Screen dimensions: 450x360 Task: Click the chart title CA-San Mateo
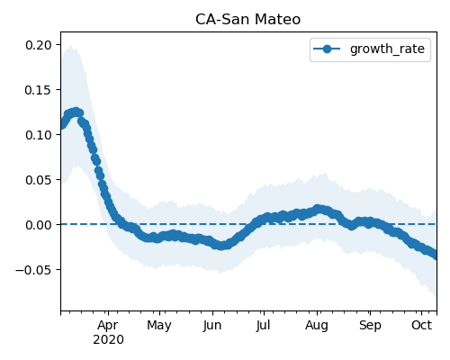[x=247, y=20]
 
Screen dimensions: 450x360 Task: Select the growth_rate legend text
[x=387, y=49]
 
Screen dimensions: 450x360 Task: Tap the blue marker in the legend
[x=327, y=49]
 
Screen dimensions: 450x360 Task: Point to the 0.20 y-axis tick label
[x=39, y=45]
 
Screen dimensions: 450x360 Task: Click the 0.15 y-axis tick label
[x=39, y=90]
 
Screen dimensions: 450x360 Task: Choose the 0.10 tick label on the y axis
[x=39, y=135]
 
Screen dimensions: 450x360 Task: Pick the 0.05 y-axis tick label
[x=39, y=180]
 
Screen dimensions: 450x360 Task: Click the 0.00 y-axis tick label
[x=39, y=225]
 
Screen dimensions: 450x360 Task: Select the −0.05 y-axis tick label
[x=34, y=270]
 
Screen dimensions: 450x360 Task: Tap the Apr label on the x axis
[x=108, y=325]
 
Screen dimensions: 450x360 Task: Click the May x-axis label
[x=159, y=325]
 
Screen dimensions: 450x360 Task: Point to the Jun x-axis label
[x=212, y=325]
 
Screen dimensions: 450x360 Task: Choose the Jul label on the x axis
[x=263, y=325]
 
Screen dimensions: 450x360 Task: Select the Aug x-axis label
[x=317, y=325]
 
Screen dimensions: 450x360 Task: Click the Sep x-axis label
[x=370, y=325]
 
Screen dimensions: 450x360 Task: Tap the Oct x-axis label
[x=421, y=325]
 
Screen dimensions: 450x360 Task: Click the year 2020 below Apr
[x=108, y=339]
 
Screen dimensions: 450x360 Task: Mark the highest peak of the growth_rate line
[x=76, y=112]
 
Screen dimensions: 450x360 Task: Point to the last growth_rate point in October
[x=434, y=256]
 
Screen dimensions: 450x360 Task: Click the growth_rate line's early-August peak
[x=318, y=209]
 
